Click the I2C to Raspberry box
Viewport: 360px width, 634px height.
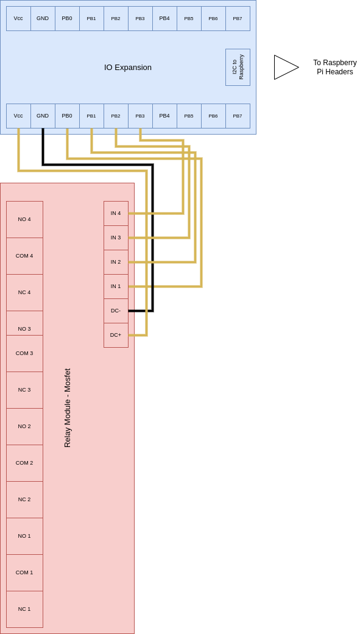click(238, 67)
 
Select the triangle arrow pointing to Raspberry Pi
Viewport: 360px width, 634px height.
click(286, 67)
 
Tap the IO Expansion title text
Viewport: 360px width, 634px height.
click(128, 68)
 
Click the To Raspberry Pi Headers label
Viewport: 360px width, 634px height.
click(335, 67)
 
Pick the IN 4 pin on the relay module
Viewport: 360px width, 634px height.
click(116, 214)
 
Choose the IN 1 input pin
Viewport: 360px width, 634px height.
click(116, 286)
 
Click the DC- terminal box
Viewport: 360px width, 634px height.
click(116, 311)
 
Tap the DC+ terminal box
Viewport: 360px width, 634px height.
click(116, 335)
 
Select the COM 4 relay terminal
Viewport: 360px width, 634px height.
click(25, 256)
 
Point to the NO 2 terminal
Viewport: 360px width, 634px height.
click(25, 426)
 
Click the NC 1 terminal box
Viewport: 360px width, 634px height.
click(25, 610)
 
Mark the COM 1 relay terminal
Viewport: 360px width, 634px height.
click(25, 572)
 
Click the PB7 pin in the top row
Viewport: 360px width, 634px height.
click(238, 19)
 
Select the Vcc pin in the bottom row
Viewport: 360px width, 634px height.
click(19, 116)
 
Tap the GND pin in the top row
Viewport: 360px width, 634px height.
click(43, 19)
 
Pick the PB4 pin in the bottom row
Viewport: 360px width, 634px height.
click(164, 116)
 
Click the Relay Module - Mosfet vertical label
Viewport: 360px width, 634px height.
click(68, 407)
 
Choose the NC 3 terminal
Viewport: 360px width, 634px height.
click(25, 390)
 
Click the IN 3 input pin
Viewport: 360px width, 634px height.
click(116, 238)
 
